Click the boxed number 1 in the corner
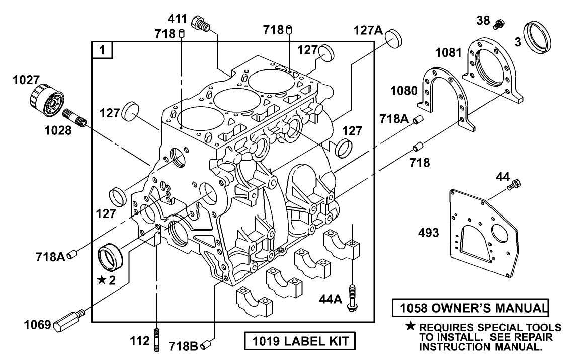(102, 50)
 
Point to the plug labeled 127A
(394, 38)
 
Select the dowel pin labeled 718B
(205, 345)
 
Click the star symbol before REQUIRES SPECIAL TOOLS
(410, 327)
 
